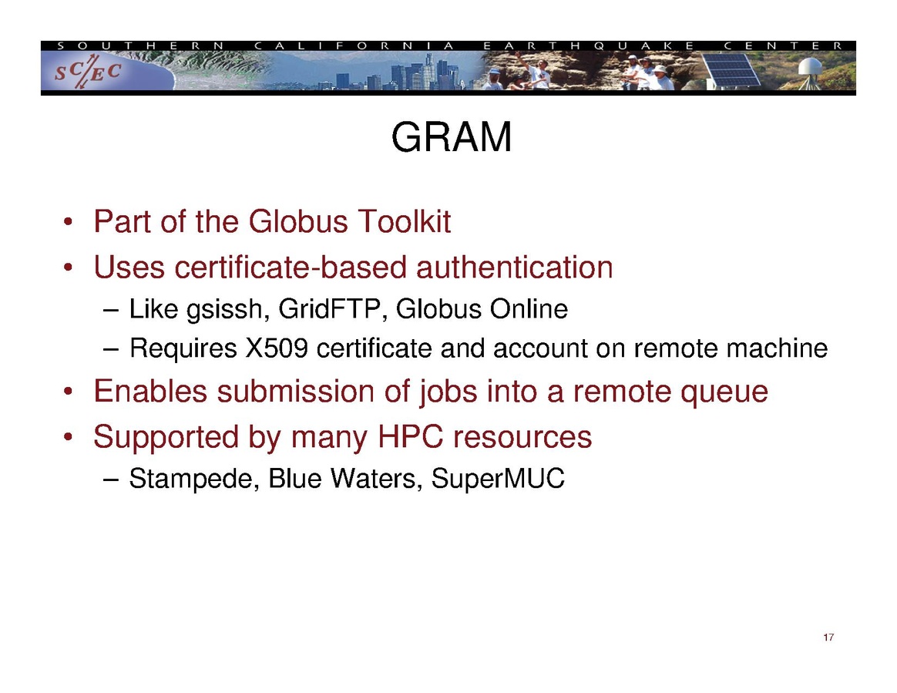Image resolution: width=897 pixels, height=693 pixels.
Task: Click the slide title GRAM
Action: pos(452,137)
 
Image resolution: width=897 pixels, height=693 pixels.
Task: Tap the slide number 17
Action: pos(828,637)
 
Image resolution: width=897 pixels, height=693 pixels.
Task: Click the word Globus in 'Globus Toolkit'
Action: pos(298,221)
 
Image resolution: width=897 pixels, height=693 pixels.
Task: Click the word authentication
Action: pos(514,267)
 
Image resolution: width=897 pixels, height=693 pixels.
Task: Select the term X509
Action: pos(277,348)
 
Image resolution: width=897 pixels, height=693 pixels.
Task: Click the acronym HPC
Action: pos(410,437)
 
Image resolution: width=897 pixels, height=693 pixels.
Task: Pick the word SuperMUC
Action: pos(498,479)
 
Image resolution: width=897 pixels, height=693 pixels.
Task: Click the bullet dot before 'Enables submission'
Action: pos(68,392)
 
